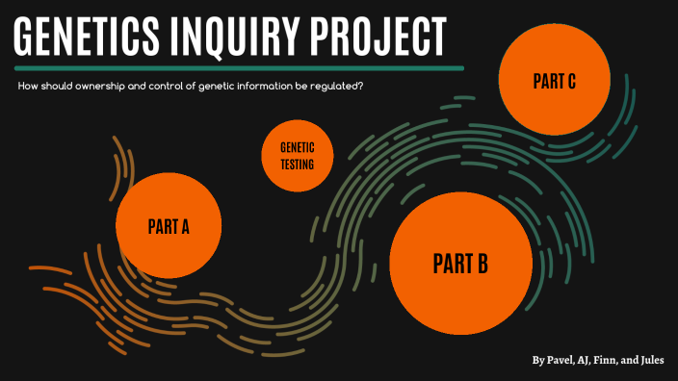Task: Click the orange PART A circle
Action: click(x=169, y=226)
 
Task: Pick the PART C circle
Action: click(x=554, y=80)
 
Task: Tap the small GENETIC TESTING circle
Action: click(x=297, y=157)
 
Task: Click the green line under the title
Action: click(x=241, y=68)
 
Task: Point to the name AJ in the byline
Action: click(x=588, y=361)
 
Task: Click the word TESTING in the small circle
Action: click(x=297, y=165)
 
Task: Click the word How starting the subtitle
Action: click(x=27, y=88)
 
